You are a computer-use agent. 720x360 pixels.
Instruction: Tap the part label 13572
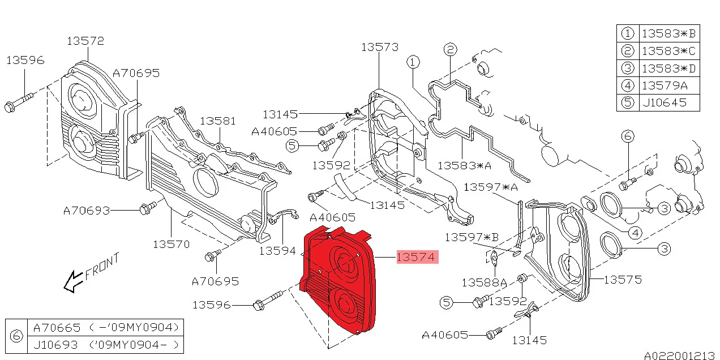pos(85,41)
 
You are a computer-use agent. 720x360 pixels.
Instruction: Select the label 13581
pos(217,121)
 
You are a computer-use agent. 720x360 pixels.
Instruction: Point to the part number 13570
pos(172,245)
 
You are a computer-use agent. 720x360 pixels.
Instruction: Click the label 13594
pos(277,251)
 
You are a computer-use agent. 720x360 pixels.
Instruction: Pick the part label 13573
pos(380,47)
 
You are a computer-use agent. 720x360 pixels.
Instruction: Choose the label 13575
pos(623,280)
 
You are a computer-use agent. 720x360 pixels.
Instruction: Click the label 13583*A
pos(465,165)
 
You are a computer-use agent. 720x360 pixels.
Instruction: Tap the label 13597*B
pos(472,238)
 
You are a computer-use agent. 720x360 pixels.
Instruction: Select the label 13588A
pos(484,283)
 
